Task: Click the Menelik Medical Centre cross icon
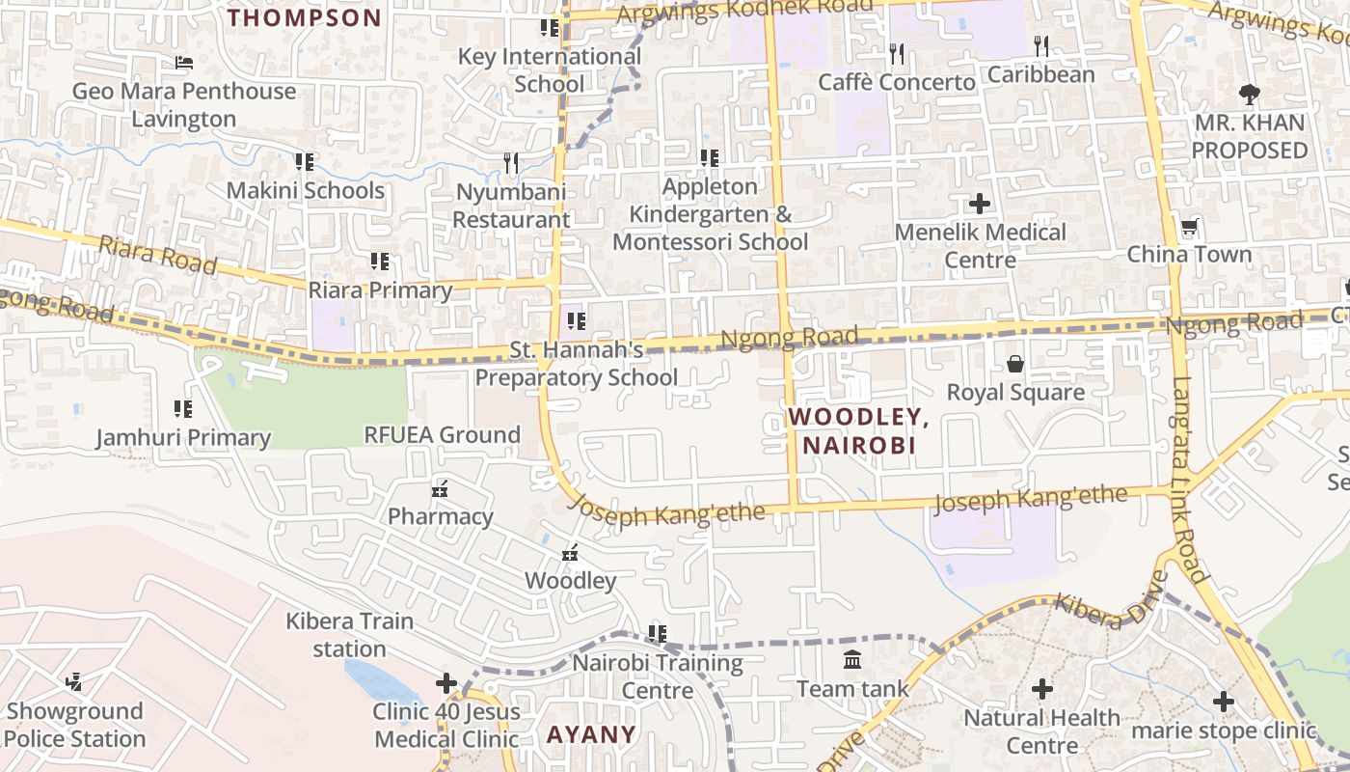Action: coord(980,204)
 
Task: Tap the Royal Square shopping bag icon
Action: coord(1015,364)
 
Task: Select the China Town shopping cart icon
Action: coord(1190,227)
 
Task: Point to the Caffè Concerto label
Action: coord(897,82)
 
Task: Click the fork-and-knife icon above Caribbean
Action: coord(1041,45)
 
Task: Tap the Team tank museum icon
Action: coord(852,660)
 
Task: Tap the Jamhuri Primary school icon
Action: coord(182,409)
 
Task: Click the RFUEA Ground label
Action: coord(442,435)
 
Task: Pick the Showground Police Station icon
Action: coord(73,682)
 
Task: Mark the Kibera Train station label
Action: coord(349,635)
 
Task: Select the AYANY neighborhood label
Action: coord(591,734)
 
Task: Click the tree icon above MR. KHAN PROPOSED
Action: coord(1250,95)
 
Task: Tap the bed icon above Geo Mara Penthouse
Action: coord(184,63)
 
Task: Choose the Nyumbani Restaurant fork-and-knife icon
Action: coord(511,163)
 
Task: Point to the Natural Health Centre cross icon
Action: coord(1041,689)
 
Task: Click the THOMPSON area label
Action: coord(305,17)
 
